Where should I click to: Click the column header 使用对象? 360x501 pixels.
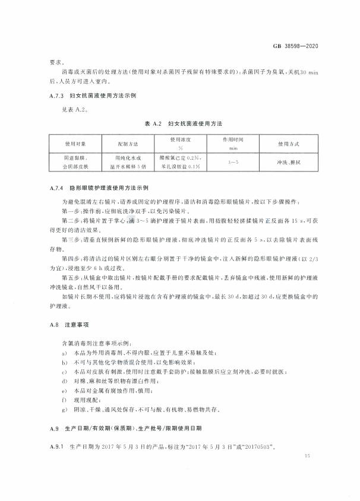(x=75, y=144)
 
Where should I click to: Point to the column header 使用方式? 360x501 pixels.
(x=288, y=144)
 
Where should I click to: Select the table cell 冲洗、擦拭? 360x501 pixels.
(x=288, y=161)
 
